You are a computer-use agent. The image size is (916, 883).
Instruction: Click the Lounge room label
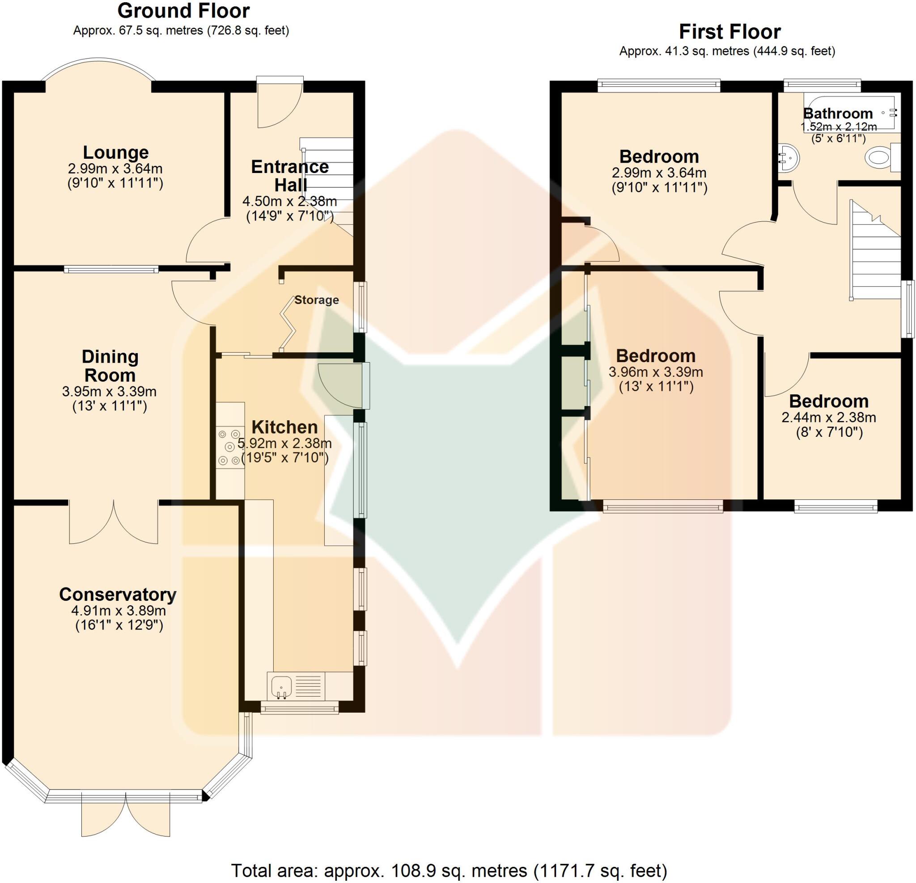(115, 153)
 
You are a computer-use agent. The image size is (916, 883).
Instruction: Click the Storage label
(316, 300)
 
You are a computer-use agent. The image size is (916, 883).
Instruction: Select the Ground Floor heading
(183, 11)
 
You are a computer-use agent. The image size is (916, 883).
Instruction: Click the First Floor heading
(729, 32)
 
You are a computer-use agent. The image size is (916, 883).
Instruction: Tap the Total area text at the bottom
(449, 870)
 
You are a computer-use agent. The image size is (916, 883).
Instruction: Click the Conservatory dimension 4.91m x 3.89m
(118, 611)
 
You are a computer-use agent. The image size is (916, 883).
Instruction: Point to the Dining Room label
(110, 366)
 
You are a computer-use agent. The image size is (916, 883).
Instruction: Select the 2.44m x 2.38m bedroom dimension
(829, 417)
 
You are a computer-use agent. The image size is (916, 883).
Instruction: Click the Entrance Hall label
(290, 176)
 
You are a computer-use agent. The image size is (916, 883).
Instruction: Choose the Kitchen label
(284, 427)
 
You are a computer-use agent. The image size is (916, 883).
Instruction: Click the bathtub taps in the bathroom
(893, 112)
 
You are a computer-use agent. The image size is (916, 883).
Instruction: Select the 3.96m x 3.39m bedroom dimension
(656, 372)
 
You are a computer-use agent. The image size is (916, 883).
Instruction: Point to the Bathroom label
(838, 113)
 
